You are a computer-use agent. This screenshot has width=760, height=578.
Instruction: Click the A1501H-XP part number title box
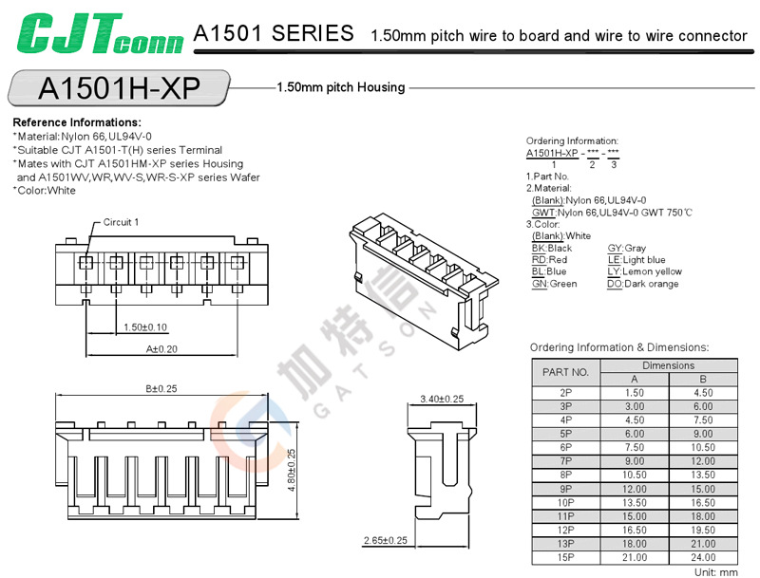click(118, 87)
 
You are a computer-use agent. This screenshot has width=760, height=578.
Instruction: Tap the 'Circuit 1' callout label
click(122, 222)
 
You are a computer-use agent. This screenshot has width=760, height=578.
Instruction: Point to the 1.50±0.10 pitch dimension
click(145, 327)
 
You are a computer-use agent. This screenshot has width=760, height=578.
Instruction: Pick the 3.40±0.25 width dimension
click(442, 399)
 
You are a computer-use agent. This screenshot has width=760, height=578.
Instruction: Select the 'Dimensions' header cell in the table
click(669, 365)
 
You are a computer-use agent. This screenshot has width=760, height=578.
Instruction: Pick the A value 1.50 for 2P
click(635, 392)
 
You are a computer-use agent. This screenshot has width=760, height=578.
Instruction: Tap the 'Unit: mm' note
click(715, 572)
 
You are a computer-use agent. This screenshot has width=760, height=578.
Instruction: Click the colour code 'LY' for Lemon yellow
click(614, 271)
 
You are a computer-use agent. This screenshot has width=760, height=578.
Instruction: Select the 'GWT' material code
click(543, 212)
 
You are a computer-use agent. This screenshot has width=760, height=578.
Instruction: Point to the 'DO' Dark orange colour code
click(614, 284)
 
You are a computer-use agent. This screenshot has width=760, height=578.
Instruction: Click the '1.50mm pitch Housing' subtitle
click(340, 87)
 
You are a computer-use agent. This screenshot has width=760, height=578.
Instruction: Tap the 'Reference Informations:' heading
click(77, 122)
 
